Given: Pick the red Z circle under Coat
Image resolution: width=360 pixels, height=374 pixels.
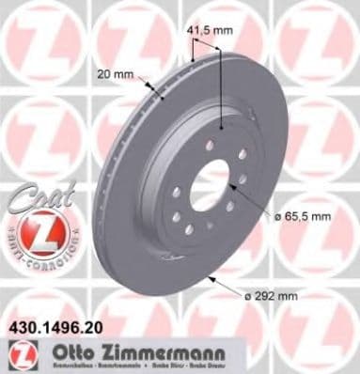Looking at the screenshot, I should [31, 233].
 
